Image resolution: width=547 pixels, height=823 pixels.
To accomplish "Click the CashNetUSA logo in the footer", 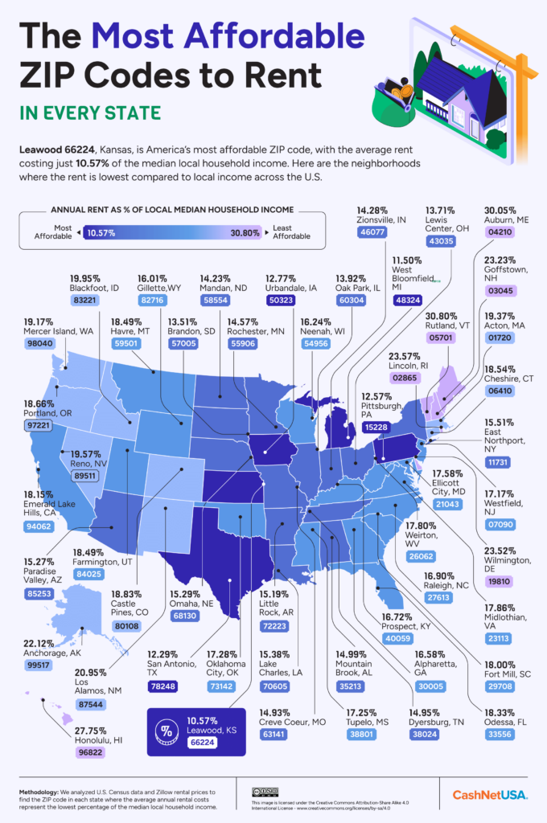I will click(x=490, y=794).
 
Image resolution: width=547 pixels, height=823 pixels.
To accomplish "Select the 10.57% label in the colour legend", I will click(x=104, y=232).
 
